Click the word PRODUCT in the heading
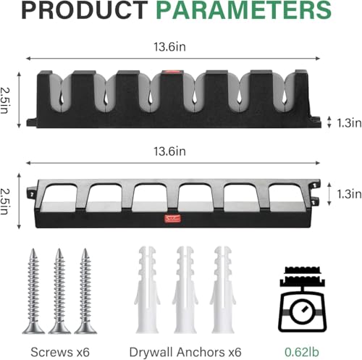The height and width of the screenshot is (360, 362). click(x=85, y=10)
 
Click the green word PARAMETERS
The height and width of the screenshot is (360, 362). click(x=244, y=10)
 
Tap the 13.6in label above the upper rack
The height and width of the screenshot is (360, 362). click(x=169, y=46)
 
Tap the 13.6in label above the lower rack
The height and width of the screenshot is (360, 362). click(x=169, y=151)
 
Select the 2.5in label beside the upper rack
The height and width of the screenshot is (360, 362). click(x=5, y=100)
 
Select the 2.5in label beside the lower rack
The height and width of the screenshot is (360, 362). click(x=5, y=201)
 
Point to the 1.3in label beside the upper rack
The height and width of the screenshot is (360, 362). click(x=349, y=123)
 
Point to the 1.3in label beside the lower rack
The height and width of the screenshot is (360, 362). click(x=349, y=194)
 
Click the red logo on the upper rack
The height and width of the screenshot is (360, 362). click(x=172, y=72)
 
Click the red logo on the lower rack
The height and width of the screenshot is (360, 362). click(x=172, y=219)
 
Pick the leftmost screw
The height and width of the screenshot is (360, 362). click(x=33, y=291)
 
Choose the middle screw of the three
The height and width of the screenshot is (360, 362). click(x=59, y=291)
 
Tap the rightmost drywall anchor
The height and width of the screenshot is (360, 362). click(x=223, y=290)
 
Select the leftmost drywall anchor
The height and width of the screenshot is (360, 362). click(x=147, y=290)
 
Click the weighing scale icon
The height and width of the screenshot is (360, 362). click(x=303, y=299)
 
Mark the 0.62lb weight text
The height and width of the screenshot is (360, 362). click(x=302, y=352)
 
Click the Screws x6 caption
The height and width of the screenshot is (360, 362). click(x=60, y=352)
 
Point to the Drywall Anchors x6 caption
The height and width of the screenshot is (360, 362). click(x=185, y=352)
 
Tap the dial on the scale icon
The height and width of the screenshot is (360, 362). click(x=302, y=311)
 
